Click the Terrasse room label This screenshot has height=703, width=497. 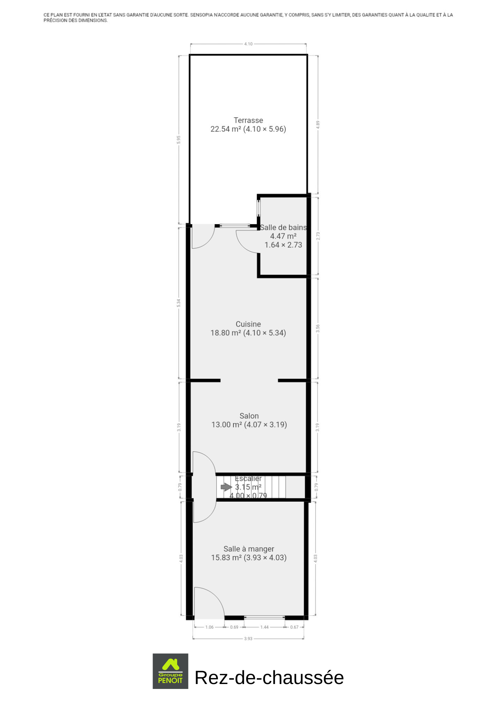[248, 120]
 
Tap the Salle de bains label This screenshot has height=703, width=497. [283, 227]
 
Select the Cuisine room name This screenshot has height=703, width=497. [248, 324]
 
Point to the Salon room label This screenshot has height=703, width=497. [249, 416]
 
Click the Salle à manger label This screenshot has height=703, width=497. [249, 549]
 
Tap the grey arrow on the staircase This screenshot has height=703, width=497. [226, 487]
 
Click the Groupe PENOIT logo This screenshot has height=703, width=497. [170, 671]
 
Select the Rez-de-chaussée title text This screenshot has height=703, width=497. [269, 677]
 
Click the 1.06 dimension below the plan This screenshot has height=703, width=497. [209, 627]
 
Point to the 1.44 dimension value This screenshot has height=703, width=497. [264, 627]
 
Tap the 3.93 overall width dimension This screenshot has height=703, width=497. [248, 639]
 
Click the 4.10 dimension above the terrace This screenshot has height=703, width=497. [248, 44]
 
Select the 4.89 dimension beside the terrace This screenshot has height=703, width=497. [318, 125]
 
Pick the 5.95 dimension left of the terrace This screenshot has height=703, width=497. [179, 140]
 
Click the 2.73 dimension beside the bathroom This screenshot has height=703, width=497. [318, 236]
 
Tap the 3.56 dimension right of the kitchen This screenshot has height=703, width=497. [318, 329]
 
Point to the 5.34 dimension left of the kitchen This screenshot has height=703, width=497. [179, 303]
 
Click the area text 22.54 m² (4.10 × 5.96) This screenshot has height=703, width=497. [248, 129]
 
